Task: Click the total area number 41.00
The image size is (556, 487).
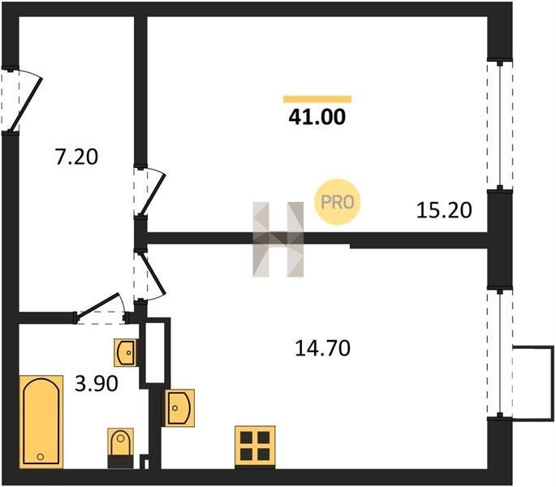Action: pos(317,117)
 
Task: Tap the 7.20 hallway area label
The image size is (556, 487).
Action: pos(76,157)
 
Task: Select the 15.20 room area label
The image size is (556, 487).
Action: pos(444,210)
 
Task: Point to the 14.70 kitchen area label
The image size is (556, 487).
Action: pos(323,348)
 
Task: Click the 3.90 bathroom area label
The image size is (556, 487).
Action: pos(97,384)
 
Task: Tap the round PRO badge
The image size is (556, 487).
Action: pos(337,202)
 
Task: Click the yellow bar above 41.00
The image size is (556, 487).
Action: pos(317,99)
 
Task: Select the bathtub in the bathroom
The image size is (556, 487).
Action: pos(41,422)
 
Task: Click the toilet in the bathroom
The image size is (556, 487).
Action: pos(121,448)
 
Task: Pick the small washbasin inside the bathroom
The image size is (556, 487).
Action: pos(125,352)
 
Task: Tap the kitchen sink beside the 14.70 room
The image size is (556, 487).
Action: pos(179,408)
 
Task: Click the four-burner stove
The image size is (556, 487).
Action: pos(255,446)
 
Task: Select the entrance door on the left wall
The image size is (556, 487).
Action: pos(20,100)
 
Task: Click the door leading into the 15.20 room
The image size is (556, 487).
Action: pos(149,191)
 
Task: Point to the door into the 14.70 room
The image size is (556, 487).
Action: pos(149,276)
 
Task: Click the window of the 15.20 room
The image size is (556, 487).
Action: pos(500,126)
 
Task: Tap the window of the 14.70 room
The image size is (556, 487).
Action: pos(500,354)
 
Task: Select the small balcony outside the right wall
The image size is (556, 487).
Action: pos(533,383)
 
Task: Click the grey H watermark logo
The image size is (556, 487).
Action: pos(278,239)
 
